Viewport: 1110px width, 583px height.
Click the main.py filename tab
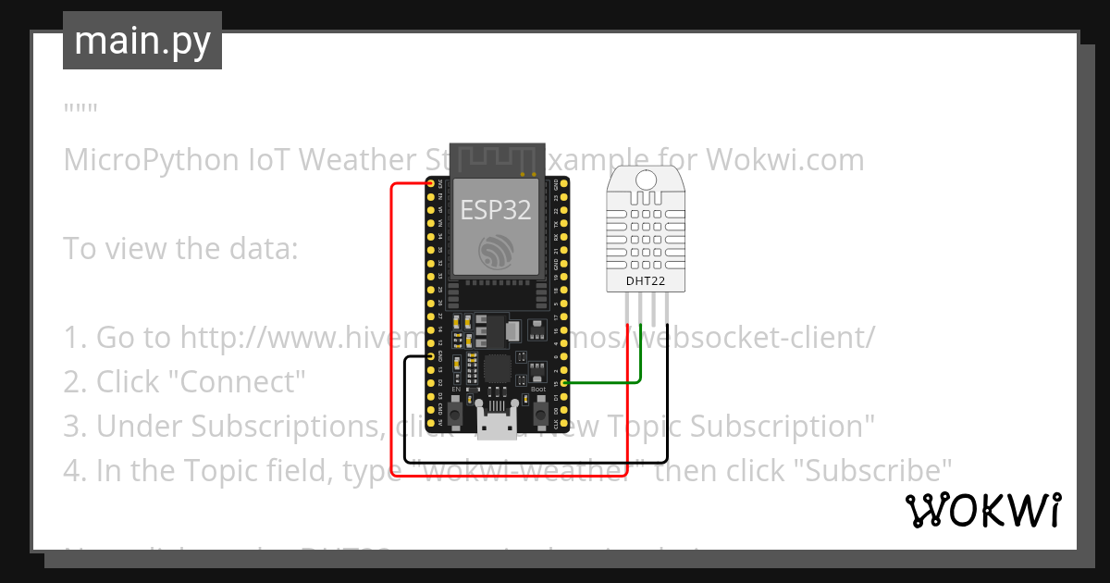click(142, 41)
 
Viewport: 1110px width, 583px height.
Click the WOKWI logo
click(983, 511)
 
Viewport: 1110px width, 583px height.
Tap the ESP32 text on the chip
click(497, 209)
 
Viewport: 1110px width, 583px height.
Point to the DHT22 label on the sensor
click(645, 279)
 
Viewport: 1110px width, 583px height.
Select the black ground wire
click(536, 461)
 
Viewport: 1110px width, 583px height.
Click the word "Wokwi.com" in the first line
click(785, 160)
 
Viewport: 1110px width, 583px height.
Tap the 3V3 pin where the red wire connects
click(431, 184)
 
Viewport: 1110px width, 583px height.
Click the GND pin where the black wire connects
click(431, 355)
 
